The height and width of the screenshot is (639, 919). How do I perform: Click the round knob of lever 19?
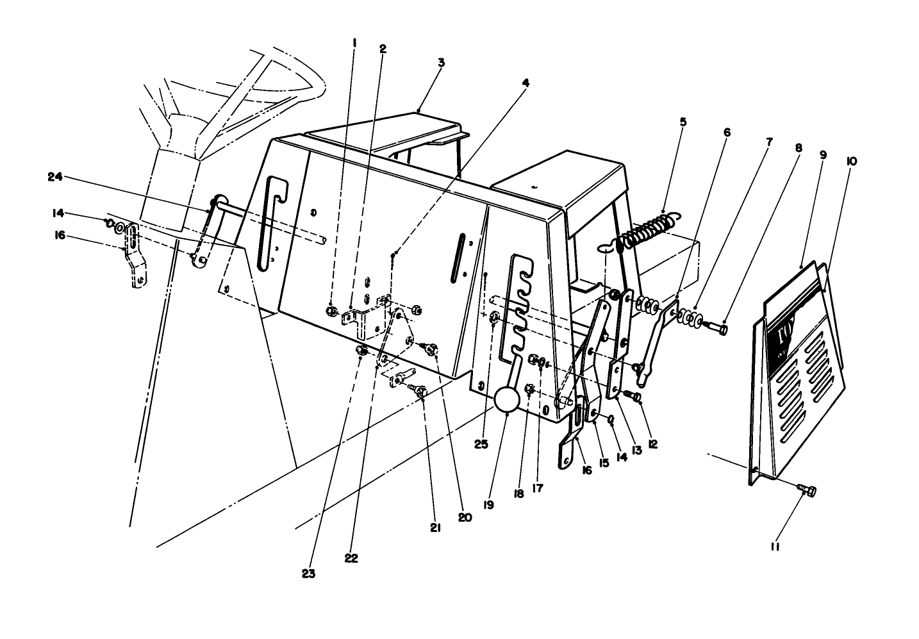[506, 401]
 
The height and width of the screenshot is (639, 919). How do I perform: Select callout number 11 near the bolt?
[774, 547]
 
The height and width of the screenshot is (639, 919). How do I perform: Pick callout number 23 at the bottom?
[309, 574]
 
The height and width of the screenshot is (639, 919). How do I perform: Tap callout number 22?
[351, 558]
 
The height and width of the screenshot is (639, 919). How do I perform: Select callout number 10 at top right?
[852, 162]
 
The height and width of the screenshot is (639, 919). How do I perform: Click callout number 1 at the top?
[354, 42]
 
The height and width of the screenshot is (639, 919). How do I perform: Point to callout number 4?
[526, 83]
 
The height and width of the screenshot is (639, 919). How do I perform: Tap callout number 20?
[465, 517]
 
